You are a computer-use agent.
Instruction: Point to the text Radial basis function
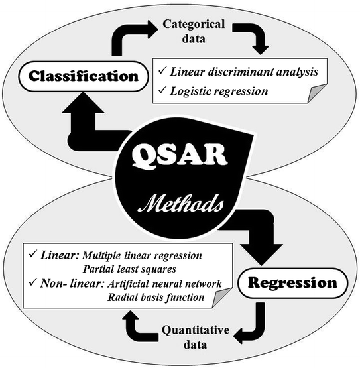point(156,298)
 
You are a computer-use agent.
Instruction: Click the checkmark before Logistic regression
point(162,91)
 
